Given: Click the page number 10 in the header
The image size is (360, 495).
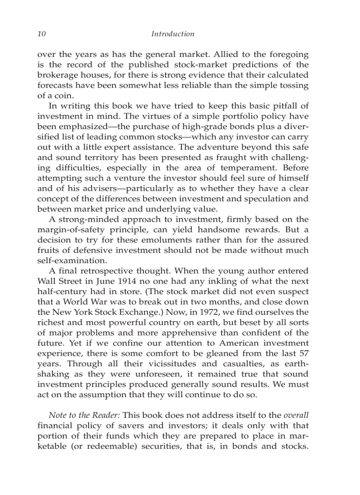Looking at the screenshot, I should [x=41, y=34].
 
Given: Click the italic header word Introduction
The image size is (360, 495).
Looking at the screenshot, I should [x=172, y=34].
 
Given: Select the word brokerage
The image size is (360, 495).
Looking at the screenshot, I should [x=56, y=75].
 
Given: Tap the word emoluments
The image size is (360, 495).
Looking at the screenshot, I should [x=161, y=240].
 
